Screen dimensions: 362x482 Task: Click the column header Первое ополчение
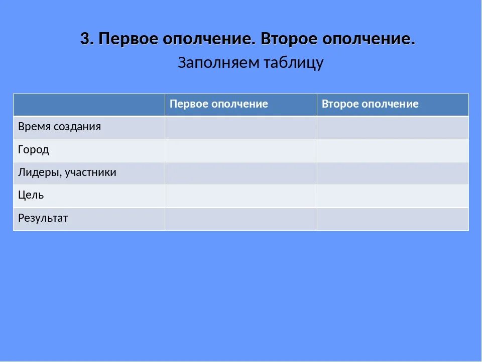click(219, 104)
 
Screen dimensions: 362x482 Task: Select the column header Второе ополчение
click(370, 104)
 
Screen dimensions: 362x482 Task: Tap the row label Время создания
click(59, 127)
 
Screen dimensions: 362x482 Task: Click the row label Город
click(34, 150)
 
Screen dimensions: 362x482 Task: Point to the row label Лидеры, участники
click(67, 172)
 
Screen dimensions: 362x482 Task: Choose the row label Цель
click(31, 195)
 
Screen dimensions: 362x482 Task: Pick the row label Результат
click(43, 218)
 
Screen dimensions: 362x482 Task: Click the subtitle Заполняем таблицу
click(251, 63)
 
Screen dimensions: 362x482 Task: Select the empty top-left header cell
click(89, 105)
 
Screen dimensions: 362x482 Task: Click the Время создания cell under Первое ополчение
click(240, 127)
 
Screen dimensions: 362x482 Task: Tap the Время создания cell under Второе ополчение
click(393, 127)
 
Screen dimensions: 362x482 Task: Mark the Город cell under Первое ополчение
click(240, 150)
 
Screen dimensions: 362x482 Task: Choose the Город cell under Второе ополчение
click(393, 150)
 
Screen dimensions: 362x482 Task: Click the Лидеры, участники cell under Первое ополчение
click(240, 173)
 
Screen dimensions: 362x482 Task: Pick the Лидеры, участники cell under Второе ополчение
click(393, 173)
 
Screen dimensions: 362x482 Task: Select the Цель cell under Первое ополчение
click(240, 196)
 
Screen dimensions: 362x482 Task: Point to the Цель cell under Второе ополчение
click(393, 196)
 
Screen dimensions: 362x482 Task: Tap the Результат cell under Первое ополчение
click(240, 219)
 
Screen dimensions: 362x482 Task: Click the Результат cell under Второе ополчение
click(393, 219)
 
